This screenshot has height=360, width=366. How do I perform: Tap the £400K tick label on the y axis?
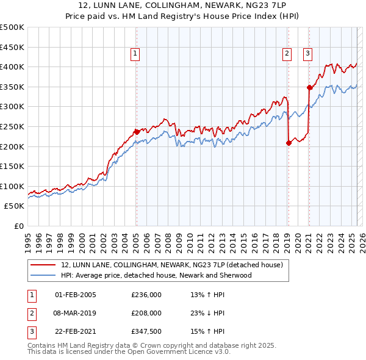12,67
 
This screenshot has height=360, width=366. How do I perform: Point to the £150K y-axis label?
12,166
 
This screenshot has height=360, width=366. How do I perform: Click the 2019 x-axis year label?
287,239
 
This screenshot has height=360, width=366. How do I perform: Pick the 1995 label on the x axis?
28,239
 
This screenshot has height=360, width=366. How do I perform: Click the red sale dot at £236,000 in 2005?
137,131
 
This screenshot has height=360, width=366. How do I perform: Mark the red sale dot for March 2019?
289,143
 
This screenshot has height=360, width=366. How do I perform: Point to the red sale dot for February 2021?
309,87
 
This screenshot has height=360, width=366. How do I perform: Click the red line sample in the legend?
42,265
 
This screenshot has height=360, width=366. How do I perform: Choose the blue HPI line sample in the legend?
42,275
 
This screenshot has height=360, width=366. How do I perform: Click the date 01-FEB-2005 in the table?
76,295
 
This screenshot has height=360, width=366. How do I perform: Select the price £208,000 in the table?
146,313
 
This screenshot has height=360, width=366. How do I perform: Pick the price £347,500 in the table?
146,331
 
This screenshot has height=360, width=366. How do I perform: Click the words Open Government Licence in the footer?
173,352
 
